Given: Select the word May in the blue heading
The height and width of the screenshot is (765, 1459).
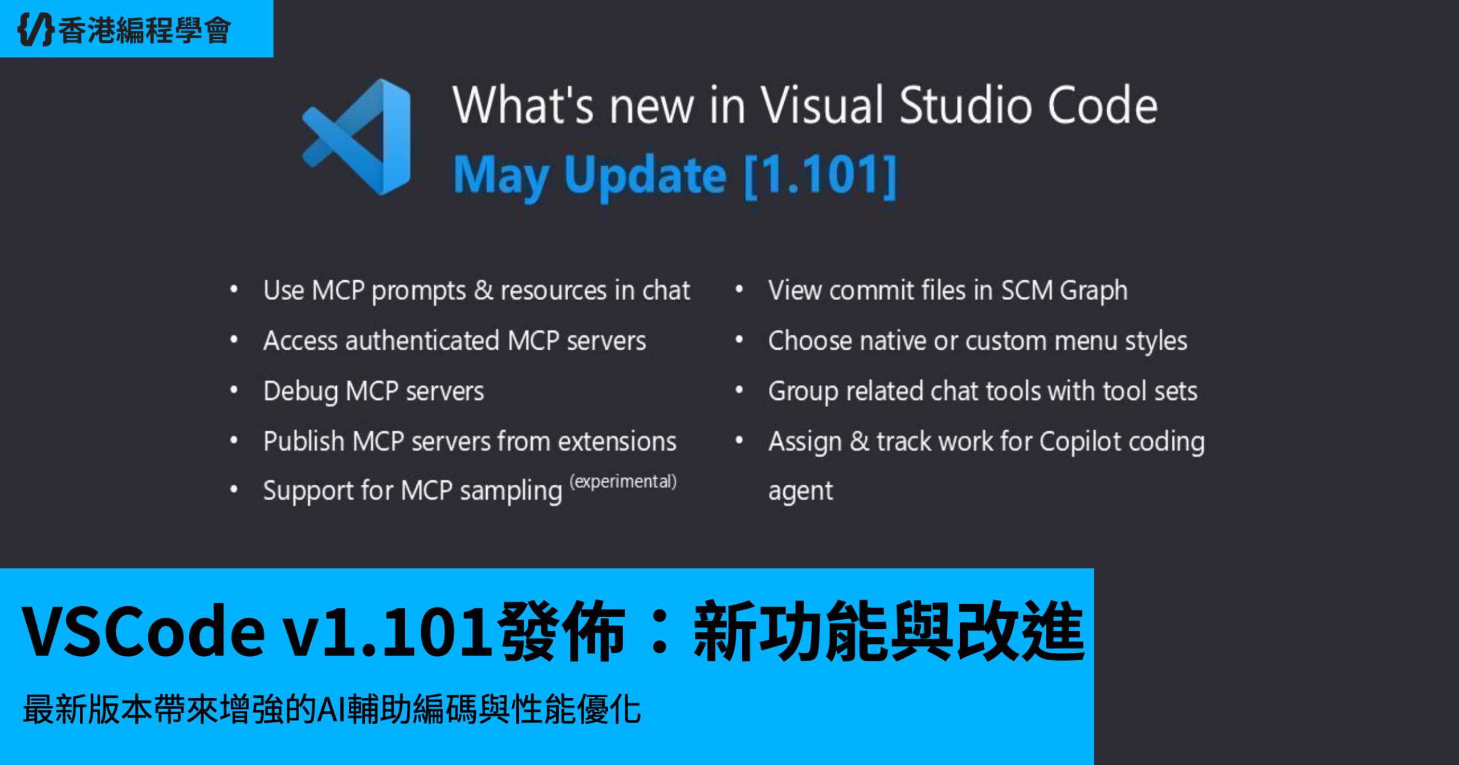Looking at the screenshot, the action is (501, 177).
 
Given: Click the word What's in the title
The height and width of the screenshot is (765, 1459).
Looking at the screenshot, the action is (523, 105).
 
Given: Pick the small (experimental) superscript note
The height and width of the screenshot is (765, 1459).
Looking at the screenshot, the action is (623, 481).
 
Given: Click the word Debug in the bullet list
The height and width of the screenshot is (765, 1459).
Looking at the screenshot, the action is (300, 392).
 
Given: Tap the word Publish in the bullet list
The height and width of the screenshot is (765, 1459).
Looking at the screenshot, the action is (304, 441).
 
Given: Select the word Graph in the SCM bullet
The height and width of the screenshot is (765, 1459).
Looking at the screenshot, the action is (1094, 291).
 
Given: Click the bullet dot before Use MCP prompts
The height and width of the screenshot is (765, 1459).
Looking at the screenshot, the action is (234, 289).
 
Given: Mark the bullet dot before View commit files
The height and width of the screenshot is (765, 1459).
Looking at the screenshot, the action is (739, 289).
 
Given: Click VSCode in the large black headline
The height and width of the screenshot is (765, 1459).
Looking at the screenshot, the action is (143, 631).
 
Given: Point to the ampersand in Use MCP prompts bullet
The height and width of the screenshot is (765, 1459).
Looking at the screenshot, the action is (483, 291).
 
